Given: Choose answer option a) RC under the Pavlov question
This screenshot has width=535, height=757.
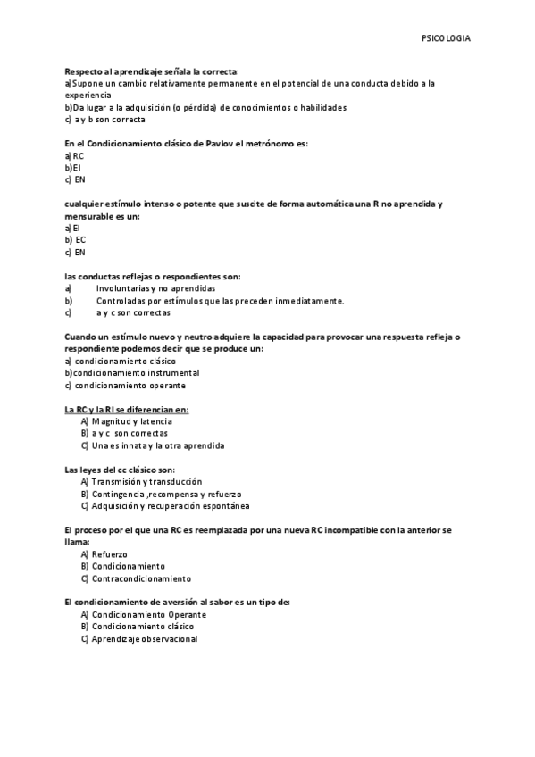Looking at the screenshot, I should tap(74, 155).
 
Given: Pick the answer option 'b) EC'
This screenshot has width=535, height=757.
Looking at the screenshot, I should tap(76, 240).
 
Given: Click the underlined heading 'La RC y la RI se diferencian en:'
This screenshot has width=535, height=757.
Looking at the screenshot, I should tap(126, 410).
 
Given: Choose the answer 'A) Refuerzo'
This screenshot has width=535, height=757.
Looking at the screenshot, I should tap(104, 554).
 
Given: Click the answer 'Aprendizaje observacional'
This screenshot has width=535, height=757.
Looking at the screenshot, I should tap(144, 639).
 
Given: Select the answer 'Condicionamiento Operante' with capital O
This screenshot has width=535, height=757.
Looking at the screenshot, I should tap(148, 615).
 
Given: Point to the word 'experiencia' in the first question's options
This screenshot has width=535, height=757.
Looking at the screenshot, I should tap(88, 95).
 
